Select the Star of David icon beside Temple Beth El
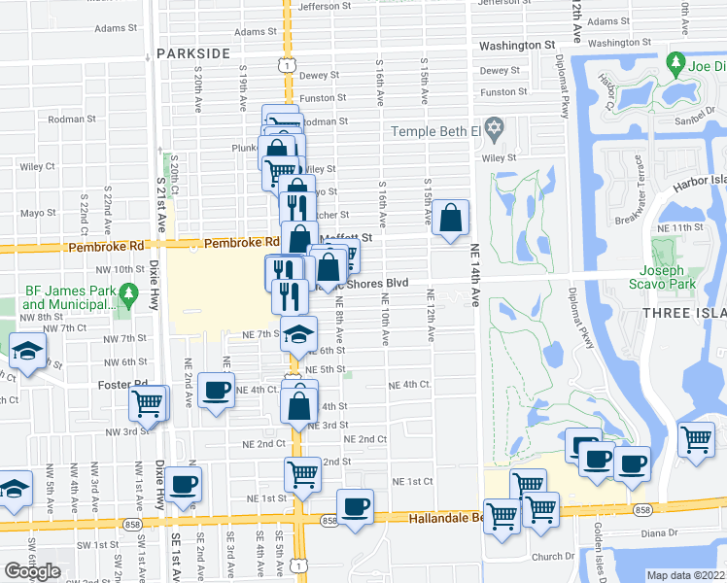point(495,129)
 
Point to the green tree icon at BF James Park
point(126,291)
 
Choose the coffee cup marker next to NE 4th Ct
point(216,391)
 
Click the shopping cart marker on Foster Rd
point(148,401)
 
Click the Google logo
point(32,571)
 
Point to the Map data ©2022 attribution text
point(686,575)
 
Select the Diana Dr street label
point(659,533)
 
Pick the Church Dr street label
point(554,557)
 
